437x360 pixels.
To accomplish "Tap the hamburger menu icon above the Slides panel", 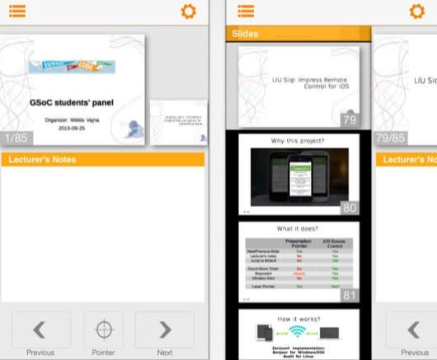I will tap(246, 12).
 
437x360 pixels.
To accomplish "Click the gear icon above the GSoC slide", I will tap(188, 12).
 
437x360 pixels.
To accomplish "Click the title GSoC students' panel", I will tap(72, 103).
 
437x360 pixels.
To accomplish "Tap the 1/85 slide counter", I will tap(16, 138).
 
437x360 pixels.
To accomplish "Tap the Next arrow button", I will tap(165, 330).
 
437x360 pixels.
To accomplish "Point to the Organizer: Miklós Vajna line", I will tap(72, 118).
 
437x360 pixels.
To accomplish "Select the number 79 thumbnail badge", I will tap(349, 120).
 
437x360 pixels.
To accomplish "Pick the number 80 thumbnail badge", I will tap(349, 208).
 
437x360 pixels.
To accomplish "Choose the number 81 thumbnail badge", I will tap(349, 294).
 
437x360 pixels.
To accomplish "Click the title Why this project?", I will tap(298, 141).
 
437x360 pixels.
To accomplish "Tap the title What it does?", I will tap(298, 229).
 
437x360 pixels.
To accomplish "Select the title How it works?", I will tap(298, 317).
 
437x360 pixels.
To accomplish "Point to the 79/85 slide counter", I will tap(390, 138).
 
